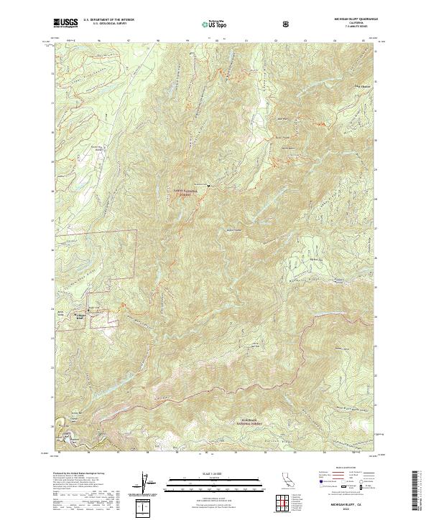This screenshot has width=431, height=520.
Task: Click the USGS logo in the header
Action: coord(65,23)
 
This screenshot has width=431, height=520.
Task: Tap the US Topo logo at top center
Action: coord(216,24)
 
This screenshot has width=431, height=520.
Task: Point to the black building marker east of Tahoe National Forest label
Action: coord(208,186)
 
